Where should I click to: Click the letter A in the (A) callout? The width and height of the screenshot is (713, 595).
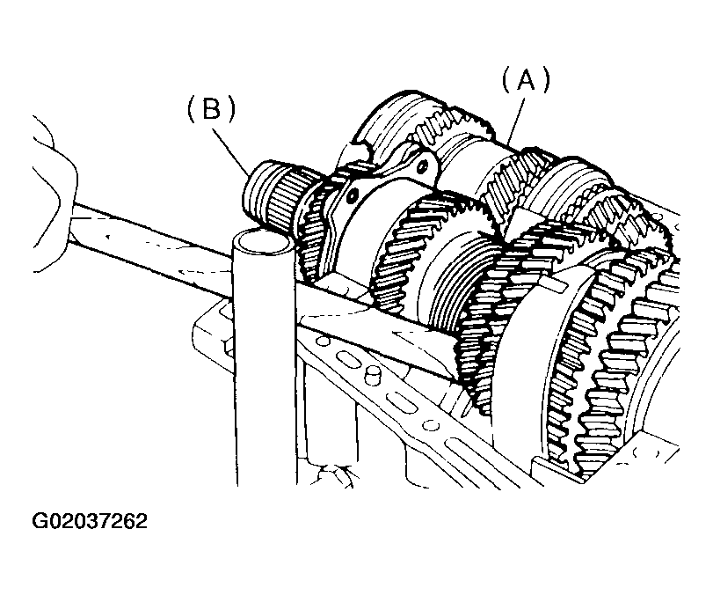[x=526, y=80]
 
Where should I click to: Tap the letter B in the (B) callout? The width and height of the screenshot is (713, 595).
[x=212, y=109]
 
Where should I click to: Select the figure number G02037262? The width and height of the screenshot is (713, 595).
[x=90, y=521]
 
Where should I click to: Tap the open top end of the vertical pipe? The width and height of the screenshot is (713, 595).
[x=261, y=241]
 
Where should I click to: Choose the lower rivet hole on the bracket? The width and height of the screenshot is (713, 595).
[x=351, y=197]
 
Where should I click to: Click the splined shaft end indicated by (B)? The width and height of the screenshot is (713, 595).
[x=273, y=195]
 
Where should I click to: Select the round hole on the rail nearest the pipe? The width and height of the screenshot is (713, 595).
[x=324, y=341]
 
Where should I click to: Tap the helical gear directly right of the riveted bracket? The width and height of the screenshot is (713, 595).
[x=409, y=246]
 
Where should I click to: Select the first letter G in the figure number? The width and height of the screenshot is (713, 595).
[x=39, y=521]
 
